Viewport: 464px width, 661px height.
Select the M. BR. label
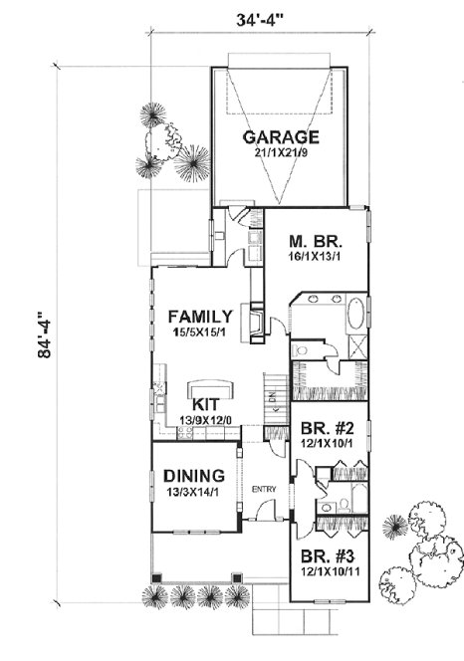[x=311, y=240]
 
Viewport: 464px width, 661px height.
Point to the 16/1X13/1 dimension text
[x=311, y=257]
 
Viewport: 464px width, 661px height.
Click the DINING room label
[x=194, y=476]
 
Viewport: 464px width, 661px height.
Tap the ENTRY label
[x=264, y=489]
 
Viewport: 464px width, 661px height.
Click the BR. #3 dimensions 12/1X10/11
[x=326, y=573]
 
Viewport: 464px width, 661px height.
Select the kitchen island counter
[x=209, y=386]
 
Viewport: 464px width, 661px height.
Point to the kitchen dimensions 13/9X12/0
[x=206, y=421]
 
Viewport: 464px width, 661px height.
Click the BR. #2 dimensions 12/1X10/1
[x=326, y=447]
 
